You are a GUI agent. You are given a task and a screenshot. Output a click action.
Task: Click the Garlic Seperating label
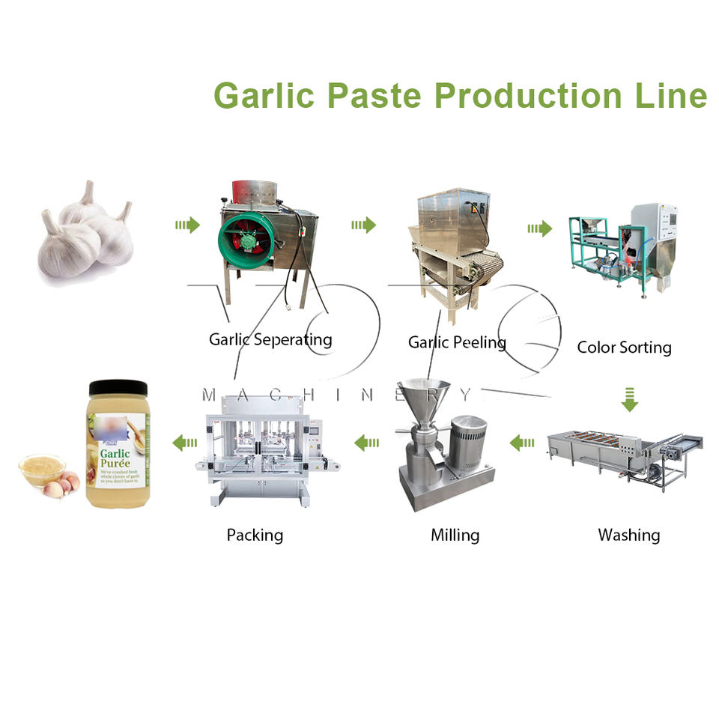(x=270, y=339)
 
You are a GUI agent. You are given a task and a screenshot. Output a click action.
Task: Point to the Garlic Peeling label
(x=457, y=342)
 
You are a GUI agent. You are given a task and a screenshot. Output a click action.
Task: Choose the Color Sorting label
(x=624, y=347)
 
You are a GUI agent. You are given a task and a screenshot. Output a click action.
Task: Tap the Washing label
(x=628, y=535)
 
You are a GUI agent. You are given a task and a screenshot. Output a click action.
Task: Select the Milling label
(x=455, y=535)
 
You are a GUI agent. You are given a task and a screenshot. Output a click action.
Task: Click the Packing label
(x=255, y=535)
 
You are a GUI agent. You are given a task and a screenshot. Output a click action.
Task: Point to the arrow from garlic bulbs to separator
(x=187, y=225)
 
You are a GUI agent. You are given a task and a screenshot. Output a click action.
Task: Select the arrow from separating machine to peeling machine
(x=363, y=225)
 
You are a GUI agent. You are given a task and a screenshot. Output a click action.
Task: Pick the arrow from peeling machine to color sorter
(x=539, y=228)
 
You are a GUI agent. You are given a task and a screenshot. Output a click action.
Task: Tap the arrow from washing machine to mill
(x=523, y=443)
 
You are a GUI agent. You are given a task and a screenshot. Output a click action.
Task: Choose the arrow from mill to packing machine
(x=367, y=443)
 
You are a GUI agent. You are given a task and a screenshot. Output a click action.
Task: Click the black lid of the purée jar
(x=118, y=388)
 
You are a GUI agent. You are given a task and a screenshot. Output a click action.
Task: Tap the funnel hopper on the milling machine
(x=424, y=395)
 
